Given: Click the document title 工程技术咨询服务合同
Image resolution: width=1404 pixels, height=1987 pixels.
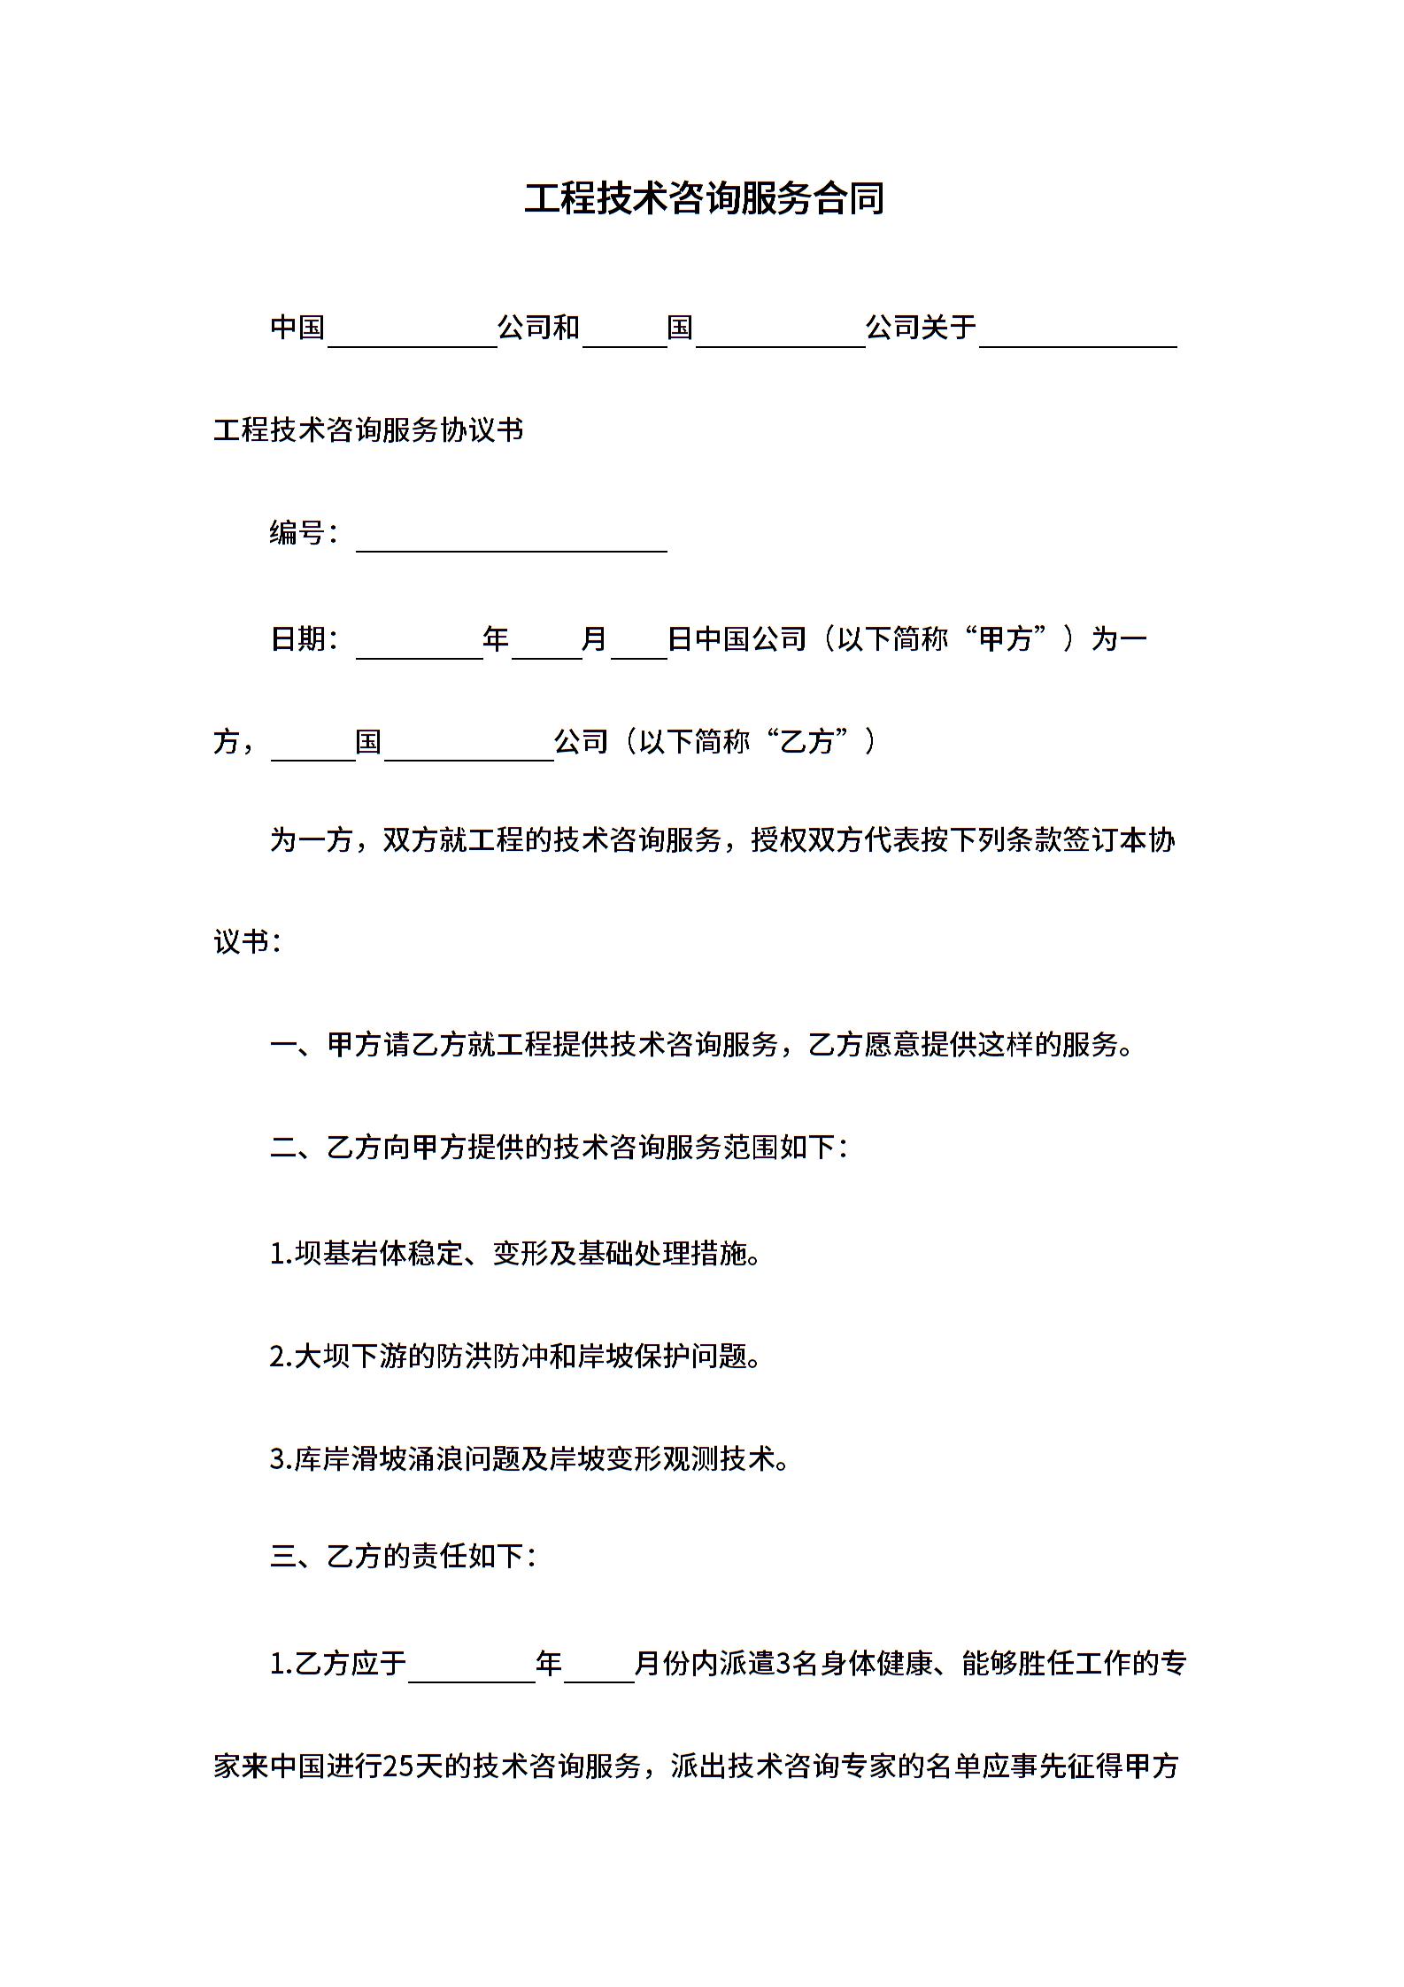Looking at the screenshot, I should (x=704, y=198).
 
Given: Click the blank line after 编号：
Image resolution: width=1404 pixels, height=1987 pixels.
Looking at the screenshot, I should (x=511, y=541).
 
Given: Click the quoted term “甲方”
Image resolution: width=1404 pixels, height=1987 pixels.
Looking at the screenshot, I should (x=1005, y=638).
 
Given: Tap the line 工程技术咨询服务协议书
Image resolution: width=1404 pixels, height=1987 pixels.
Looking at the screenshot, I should (x=368, y=430).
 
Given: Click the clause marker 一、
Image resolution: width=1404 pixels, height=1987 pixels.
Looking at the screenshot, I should (x=297, y=1045).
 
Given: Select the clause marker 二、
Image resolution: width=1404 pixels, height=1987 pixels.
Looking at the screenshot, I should (x=297, y=1148).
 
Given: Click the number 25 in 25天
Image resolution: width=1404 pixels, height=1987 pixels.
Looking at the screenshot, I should (x=398, y=1766).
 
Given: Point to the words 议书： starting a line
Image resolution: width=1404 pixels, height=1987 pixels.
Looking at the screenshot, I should (x=247, y=941).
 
